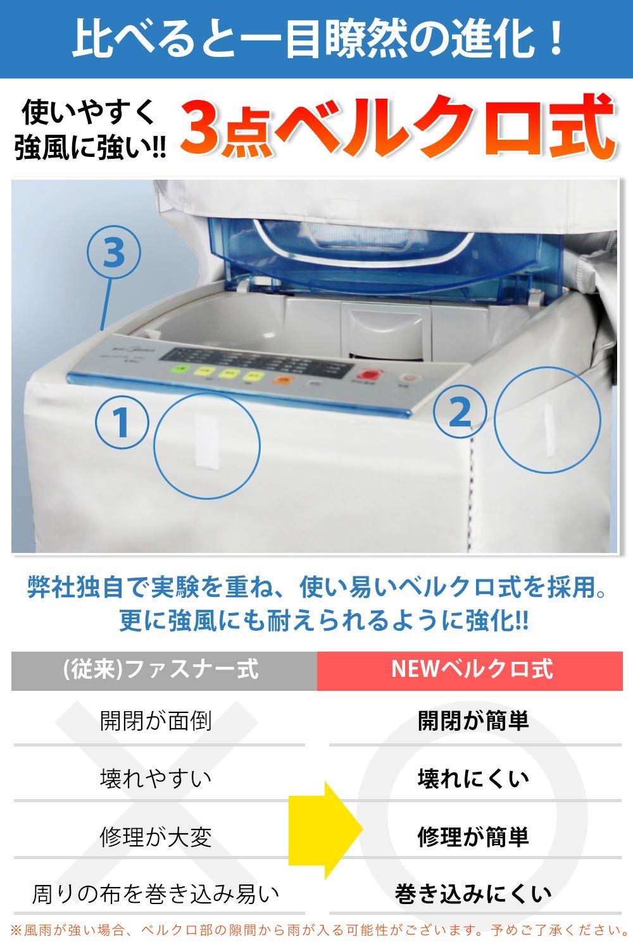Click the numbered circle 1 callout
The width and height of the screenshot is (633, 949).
[x=122, y=422]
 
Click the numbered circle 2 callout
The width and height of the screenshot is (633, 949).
[x=460, y=411]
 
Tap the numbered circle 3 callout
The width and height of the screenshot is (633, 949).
[x=113, y=253]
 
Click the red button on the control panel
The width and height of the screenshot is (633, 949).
[x=365, y=376]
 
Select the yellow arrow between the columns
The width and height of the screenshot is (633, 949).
[x=324, y=829]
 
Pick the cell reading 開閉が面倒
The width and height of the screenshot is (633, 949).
[x=156, y=721]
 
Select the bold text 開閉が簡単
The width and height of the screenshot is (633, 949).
[x=473, y=721]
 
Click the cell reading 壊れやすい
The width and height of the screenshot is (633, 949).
[x=156, y=778]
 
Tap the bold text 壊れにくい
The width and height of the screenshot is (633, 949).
[x=473, y=778]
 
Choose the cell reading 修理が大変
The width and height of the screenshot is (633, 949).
[x=156, y=836]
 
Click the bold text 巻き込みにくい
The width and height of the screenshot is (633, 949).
[x=473, y=894]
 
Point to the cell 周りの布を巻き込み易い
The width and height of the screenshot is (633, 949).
[x=156, y=894]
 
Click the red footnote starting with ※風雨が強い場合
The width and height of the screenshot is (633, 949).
[x=316, y=930]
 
